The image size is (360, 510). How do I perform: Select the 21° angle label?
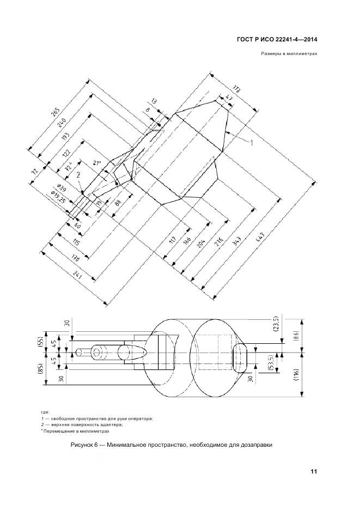pos(97,163)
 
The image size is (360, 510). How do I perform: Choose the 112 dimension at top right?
pos(236,89)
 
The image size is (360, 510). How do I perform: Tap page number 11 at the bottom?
pos(314,471)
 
